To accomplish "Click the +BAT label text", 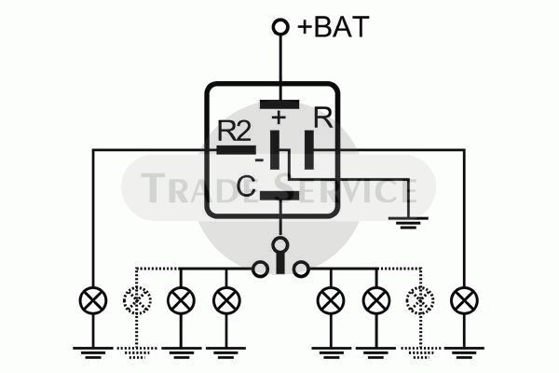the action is tap(333, 27).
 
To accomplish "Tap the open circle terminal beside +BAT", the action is tap(280, 27).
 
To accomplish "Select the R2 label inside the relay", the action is tap(234, 131).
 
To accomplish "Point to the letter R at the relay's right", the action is tap(323, 117).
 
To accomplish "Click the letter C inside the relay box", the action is tap(246, 186).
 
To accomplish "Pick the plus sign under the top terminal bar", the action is tap(279, 117).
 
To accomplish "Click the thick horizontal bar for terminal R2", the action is tap(237, 150).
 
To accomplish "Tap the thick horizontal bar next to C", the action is tap(279, 196).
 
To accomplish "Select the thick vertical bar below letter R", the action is tap(309, 150).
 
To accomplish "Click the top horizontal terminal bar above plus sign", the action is tap(279, 104).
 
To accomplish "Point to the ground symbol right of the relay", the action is tap(408, 222).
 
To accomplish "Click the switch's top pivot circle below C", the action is tap(280, 245).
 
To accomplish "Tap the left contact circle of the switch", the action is tap(260, 269).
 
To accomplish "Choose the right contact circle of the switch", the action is tap(301, 269).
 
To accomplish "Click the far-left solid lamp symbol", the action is tap(93, 300).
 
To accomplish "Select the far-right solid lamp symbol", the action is tap(465, 300).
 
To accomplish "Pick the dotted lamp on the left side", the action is tap(137, 300).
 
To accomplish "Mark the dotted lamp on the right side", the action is tap(420, 300).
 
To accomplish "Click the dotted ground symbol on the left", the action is tap(137, 352).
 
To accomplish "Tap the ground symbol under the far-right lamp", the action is tap(465, 352).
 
